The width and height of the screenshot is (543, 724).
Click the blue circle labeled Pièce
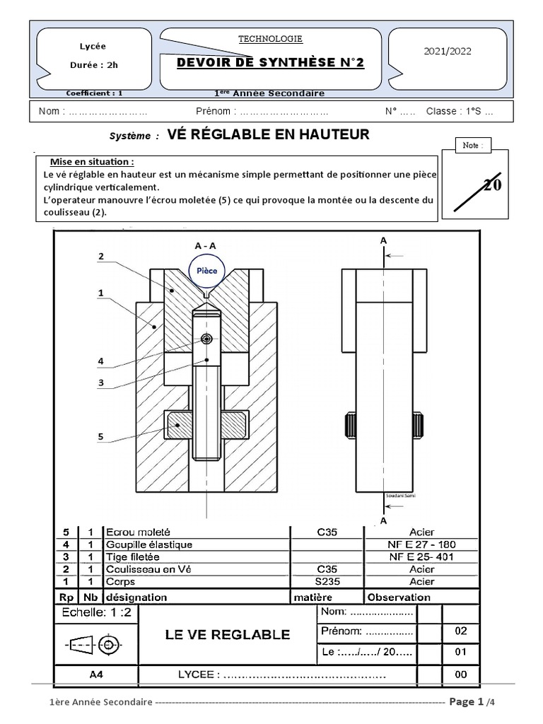tap(207, 271)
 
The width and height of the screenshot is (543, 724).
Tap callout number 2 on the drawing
tap(101, 257)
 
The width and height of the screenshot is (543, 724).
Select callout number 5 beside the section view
tap(101, 437)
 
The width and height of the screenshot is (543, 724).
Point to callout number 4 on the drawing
tap(101, 361)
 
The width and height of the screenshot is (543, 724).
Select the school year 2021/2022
tap(447, 51)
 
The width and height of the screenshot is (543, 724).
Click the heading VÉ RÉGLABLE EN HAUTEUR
tap(268, 134)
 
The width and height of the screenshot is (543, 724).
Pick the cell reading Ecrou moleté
tap(138, 532)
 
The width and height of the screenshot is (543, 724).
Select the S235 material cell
tap(327, 582)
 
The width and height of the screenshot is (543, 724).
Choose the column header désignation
tap(136, 597)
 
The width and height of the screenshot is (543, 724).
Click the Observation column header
tap(398, 597)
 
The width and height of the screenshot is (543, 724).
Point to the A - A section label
tap(206, 245)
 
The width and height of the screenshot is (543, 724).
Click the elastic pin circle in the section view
tap(206, 339)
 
